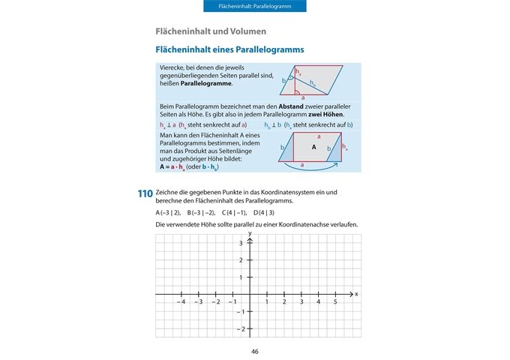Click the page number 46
[x=255, y=352]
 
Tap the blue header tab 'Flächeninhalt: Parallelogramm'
[x=255, y=6]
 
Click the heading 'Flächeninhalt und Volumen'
[x=210, y=31]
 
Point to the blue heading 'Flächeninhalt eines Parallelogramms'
[x=229, y=49]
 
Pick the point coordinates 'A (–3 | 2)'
[x=168, y=212]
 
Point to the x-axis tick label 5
[x=335, y=301]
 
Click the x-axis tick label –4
[x=181, y=301]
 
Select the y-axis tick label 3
[x=241, y=244]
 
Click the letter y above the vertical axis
[x=249, y=234]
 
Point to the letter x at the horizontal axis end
[x=356, y=293]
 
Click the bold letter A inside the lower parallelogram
[x=313, y=148]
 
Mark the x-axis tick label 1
[x=268, y=301]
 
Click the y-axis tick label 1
[x=241, y=277]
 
